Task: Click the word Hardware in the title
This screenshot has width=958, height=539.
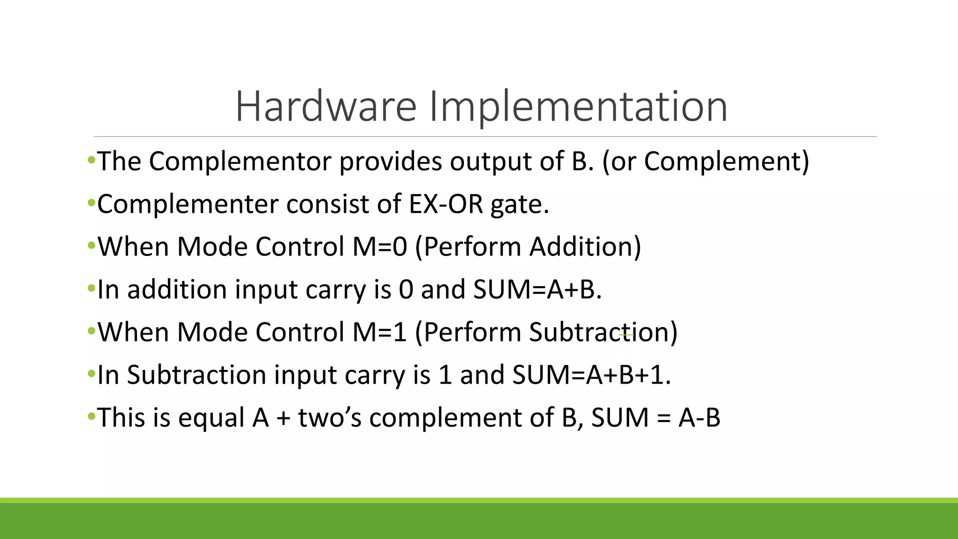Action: (x=326, y=107)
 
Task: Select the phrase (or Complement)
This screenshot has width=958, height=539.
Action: (x=705, y=161)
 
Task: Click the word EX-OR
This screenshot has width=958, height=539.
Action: (x=445, y=204)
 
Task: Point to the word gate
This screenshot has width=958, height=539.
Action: (x=519, y=205)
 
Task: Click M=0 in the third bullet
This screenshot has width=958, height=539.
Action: (x=380, y=247)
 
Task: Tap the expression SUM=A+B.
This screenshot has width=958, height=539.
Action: (x=537, y=289)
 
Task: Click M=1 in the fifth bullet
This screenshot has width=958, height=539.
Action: (x=380, y=332)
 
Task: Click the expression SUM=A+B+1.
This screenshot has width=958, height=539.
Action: (x=591, y=375)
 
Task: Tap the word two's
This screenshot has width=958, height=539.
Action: (x=330, y=417)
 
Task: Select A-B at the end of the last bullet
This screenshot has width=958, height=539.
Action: (x=699, y=417)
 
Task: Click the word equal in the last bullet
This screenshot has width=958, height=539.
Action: (x=211, y=417)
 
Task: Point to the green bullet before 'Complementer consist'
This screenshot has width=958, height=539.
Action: (x=91, y=204)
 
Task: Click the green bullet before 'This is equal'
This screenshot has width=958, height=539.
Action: (x=91, y=416)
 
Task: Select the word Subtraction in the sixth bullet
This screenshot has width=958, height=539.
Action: (x=196, y=375)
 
